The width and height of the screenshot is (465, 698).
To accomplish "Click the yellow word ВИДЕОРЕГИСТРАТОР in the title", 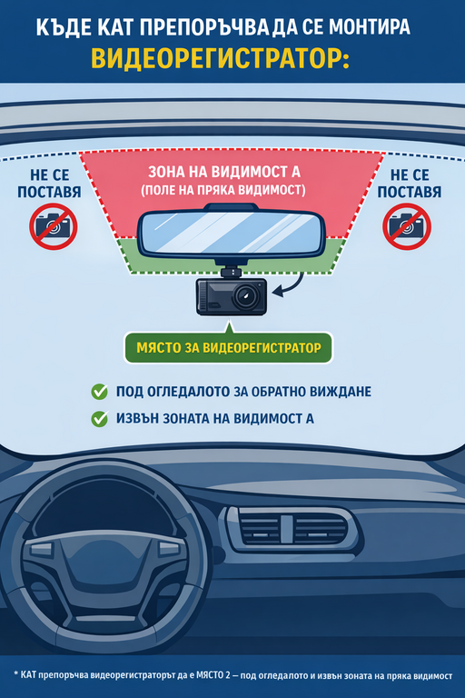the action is pyautogui.click(x=221, y=58).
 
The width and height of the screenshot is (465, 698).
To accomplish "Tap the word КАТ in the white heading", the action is pyautogui.click(x=114, y=26).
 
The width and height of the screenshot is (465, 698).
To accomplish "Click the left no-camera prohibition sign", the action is pyautogui.click(x=54, y=226).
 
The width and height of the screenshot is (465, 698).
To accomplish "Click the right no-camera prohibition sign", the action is pyautogui.click(x=407, y=226).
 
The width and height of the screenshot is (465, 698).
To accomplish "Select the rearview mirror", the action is pyautogui.click(x=231, y=232).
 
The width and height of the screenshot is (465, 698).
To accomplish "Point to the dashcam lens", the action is pyautogui.click(x=245, y=295).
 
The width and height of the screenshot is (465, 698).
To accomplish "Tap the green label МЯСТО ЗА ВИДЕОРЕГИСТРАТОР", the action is pyautogui.click(x=228, y=348).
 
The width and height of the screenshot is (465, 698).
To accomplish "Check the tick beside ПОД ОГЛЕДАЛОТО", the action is pyautogui.click(x=99, y=392).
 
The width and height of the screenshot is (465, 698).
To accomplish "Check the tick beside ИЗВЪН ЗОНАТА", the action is pyautogui.click(x=99, y=418).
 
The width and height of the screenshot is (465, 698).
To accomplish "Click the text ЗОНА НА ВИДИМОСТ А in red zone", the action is pyautogui.click(x=224, y=172).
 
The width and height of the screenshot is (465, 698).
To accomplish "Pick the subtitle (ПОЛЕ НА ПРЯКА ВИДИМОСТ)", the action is pyautogui.click(x=223, y=190).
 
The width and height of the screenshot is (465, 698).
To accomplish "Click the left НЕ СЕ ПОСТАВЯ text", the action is pyautogui.click(x=49, y=183).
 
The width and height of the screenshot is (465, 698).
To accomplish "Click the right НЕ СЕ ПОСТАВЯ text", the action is pyautogui.click(x=410, y=183).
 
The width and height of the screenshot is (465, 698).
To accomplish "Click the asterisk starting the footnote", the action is pyautogui.click(x=15, y=674).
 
